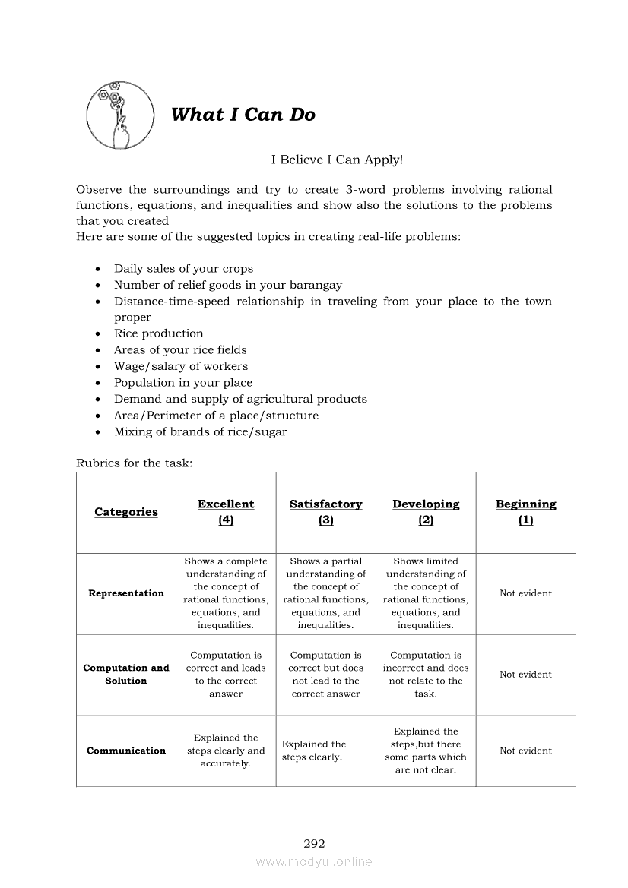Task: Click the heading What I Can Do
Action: [x=243, y=115]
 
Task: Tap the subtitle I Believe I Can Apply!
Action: [x=337, y=160]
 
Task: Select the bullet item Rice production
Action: [x=158, y=333]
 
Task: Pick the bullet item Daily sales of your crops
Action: [x=183, y=269]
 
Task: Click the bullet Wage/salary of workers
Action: [x=180, y=366]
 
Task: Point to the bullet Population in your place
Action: [x=182, y=383]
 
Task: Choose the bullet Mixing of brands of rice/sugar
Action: [x=200, y=431]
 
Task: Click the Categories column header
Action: [x=126, y=512]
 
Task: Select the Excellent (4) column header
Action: [x=226, y=512]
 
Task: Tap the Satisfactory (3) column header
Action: [x=325, y=512]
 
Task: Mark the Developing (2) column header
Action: [x=426, y=512]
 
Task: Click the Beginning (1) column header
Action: [x=525, y=512]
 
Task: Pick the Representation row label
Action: [x=126, y=593]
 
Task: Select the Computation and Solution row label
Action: [x=126, y=675]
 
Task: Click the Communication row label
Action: [x=126, y=751]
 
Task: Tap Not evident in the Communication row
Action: [x=525, y=751]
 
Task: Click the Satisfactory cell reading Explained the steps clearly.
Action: [x=314, y=751]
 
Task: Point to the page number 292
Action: [x=314, y=843]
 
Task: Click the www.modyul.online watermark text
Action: [x=314, y=862]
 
